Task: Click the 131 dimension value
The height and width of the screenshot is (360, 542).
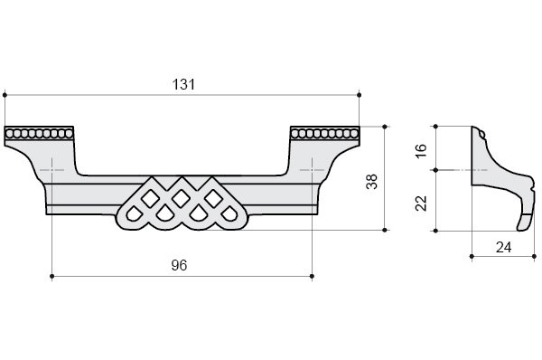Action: (x=183, y=84)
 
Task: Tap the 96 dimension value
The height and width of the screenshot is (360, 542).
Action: (x=179, y=265)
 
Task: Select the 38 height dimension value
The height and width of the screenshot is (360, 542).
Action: (x=372, y=182)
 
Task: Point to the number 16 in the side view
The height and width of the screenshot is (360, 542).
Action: (x=421, y=151)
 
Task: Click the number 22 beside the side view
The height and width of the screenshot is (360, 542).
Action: (x=421, y=204)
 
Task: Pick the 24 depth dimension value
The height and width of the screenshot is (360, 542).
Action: (x=503, y=247)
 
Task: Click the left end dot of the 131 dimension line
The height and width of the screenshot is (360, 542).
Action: (x=5, y=95)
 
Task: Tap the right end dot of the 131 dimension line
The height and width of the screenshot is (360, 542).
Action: (x=360, y=95)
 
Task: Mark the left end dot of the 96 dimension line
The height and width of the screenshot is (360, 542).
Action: (x=51, y=276)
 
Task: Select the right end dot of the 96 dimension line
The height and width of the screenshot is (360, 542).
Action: (x=313, y=276)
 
